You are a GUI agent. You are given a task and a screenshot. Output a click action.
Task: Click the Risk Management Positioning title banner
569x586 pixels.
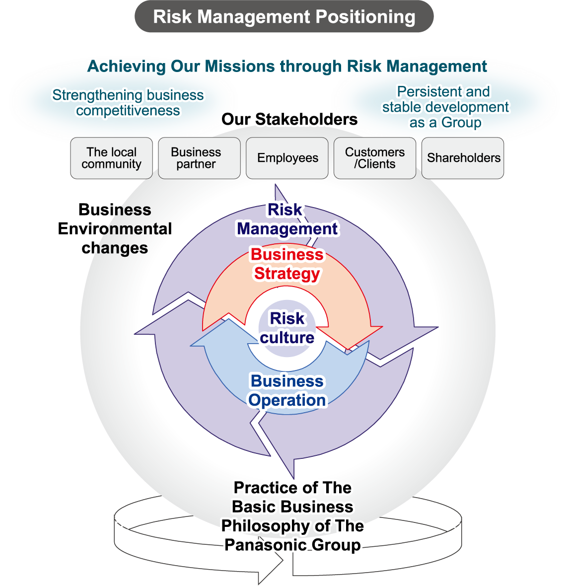pos(284,16)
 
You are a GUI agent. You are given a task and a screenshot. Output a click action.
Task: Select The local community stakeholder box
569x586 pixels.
pos(111,158)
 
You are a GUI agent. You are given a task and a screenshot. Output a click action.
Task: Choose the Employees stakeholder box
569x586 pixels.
pos(287,158)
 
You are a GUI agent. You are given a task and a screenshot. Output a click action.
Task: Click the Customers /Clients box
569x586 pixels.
pos(374,158)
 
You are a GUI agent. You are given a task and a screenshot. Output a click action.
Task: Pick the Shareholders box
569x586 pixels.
pos(463,158)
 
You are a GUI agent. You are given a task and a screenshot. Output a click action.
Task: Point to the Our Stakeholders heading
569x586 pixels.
pos(289,119)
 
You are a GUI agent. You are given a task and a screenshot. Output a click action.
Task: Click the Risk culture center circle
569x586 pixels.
pos(287,328)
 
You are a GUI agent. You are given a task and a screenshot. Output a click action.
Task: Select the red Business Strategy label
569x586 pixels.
pos(287,264)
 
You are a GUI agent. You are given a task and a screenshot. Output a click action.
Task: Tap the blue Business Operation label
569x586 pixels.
pos(287,390)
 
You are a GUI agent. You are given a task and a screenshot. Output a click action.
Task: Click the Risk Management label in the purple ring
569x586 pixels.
pos(286,219)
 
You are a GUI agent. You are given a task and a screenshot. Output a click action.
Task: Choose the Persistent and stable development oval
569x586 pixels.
pos(445,106)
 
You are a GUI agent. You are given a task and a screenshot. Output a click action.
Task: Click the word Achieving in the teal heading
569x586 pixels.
pos(127,67)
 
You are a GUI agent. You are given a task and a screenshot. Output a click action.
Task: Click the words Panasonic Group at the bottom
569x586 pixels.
pos(292,545)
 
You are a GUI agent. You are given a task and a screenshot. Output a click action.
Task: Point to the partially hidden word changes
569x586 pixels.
pos(122,248)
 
